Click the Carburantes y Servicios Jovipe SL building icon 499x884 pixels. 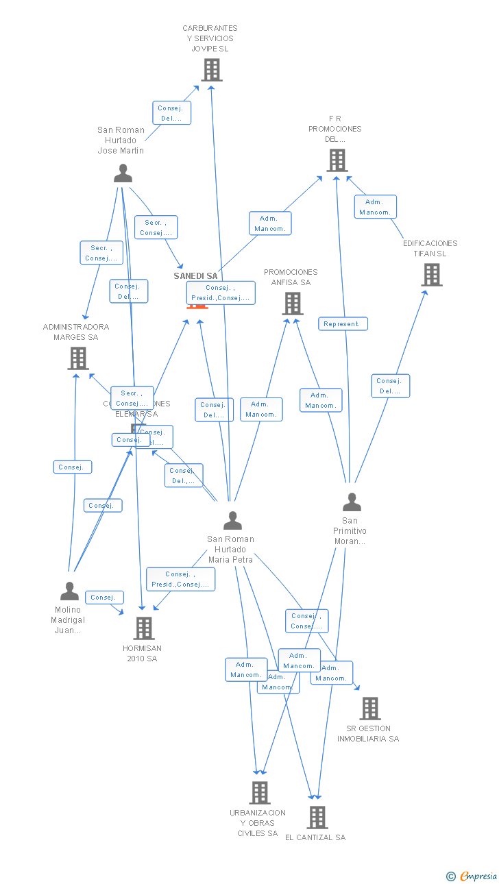pos(212,70)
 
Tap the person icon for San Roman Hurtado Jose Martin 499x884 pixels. pos(123,174)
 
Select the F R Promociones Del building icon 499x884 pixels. pos(337,160)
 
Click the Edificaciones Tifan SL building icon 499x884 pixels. pos(431,275)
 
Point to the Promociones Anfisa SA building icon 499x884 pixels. pos(292,303)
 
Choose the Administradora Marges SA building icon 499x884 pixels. pos(78,358)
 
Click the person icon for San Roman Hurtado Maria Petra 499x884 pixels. pos(232,521)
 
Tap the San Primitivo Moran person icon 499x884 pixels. pos(351,503)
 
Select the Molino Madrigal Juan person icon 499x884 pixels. pos(69,591)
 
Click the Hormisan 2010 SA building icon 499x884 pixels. pos(143,628)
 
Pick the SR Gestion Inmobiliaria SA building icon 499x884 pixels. pos(369,709)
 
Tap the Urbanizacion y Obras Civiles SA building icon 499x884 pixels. pos(259,793)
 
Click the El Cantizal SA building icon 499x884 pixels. pos(317,817)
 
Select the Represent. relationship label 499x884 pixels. pos(343,323)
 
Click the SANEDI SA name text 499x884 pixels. pos(195,276)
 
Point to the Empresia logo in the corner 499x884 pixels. pos(472,876)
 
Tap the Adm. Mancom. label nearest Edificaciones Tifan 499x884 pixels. pos(375,207)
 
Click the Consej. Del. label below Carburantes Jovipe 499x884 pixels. pos(171,113)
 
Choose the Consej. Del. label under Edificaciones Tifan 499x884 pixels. pos(390,386)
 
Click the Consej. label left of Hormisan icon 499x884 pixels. pos(104,598)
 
